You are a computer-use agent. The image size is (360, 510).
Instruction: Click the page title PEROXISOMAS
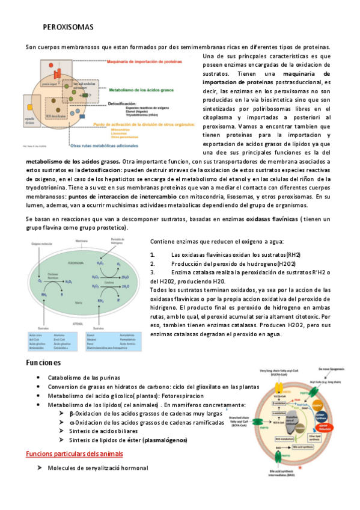point(68,28)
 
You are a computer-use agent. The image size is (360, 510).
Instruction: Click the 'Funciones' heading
point(43,363)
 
